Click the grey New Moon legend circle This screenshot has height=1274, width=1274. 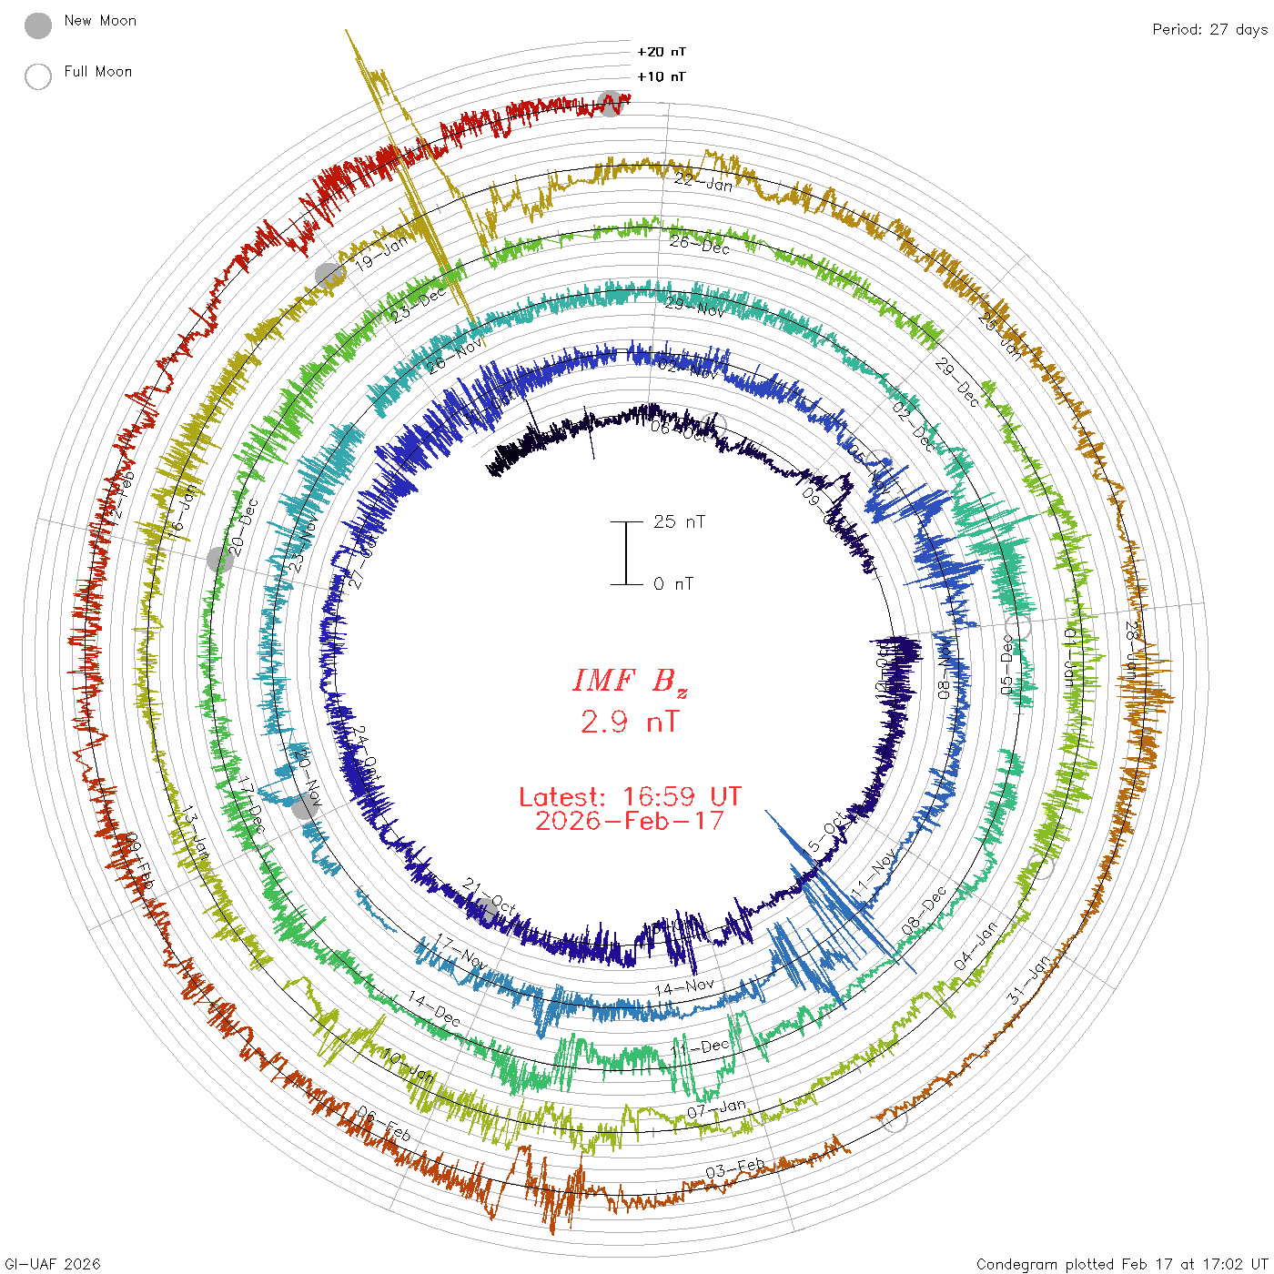38,25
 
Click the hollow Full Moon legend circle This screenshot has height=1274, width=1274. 38,76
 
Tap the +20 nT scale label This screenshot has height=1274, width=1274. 662,52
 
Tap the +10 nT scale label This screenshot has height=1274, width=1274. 662,76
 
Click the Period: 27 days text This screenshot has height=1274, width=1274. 1209,29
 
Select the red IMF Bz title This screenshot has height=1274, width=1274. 630,681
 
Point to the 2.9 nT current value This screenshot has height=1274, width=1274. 630,722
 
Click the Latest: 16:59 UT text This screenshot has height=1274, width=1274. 630,797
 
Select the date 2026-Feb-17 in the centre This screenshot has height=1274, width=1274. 630,821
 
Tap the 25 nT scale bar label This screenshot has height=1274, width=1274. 679,521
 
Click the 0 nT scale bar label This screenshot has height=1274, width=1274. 673,583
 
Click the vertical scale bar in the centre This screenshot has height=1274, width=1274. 626,552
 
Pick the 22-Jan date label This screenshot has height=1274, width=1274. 703,182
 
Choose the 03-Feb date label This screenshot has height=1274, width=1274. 735,1168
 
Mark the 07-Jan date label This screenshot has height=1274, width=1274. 716,1109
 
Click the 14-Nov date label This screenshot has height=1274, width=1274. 684,986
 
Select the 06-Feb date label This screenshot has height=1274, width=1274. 384,1125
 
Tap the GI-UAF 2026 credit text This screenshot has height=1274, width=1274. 53,1263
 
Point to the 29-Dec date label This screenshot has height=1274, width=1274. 957,382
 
